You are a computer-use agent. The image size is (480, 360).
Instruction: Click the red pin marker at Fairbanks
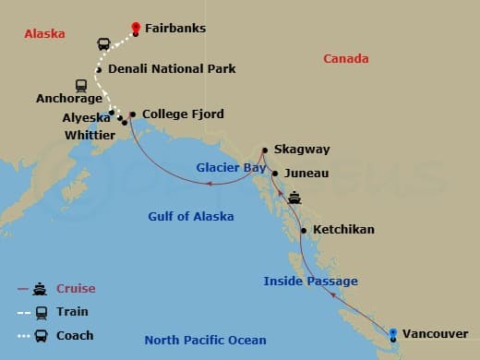[x=136, y=29]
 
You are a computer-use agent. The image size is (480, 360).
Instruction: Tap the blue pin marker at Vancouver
[x=394, y=333]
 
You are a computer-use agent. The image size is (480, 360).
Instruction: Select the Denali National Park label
[x=172, y=68]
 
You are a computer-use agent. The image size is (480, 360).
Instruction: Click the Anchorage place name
[x=68, y=97]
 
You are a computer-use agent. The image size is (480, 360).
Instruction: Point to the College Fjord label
[x=183, y=114]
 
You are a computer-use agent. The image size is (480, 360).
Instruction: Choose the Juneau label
[x=306, y=173]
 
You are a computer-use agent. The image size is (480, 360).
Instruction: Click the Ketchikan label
[x=343, y=229]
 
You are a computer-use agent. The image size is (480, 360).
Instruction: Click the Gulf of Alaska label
[x=191, y=216]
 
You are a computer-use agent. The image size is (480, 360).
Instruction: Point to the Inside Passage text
[x=310, y=281]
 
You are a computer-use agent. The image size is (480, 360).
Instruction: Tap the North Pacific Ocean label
[x=205, y=340]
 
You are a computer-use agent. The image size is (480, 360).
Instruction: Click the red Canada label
[x=346, y=59]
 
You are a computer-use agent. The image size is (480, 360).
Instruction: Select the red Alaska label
[x=44, y=33]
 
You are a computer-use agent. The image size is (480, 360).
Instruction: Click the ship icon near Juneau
[x=294, y=197]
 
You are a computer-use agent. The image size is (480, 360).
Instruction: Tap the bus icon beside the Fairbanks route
[x=104, y=43]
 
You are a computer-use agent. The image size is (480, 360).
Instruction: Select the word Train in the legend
[x=72, y=312]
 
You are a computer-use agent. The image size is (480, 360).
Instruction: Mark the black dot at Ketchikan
[x=304, y=230]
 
